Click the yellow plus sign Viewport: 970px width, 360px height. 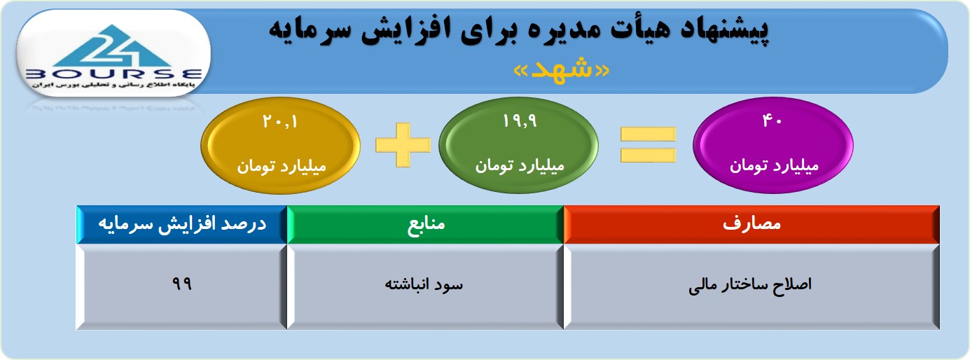tap(403, 145)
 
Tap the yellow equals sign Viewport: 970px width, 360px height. tap(648, 145)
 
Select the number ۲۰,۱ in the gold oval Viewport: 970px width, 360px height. tap(280, 122)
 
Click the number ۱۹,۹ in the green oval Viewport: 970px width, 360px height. tap(519, 121)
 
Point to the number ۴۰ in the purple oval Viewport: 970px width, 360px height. tap(772, 120)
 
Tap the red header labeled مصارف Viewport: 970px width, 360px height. tap(751, 224)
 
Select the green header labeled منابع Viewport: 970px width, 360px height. tap(425, 224)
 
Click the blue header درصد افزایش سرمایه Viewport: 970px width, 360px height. tap(181, 224)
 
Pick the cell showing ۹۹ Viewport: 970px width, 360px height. tap(181, 286)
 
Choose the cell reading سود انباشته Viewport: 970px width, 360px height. tap(425, 286)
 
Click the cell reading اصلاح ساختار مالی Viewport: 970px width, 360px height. tap(751, 286)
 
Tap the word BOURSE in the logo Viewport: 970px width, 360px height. tap(113, 74)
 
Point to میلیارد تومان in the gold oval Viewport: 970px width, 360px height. tap(281, 167)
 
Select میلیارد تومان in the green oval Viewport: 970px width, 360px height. tap(520, 165)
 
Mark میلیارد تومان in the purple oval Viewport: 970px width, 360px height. tap(774, 165)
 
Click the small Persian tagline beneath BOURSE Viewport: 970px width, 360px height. tap(113, 85)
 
